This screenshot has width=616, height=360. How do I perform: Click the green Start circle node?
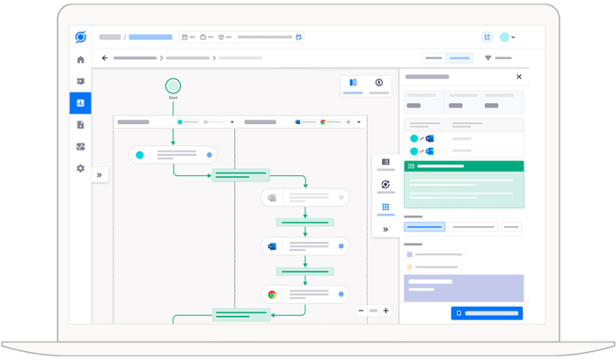tap(172, 86)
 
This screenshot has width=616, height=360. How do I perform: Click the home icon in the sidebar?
tap(81, 60)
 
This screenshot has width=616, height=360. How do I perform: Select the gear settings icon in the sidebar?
tap(81, 168)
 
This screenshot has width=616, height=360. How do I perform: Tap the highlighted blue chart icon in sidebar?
tap(81, 103)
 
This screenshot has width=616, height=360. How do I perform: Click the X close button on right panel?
tap(519, 77)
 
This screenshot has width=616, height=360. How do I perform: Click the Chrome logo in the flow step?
tap(272, 294)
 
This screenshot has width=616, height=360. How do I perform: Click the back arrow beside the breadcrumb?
tap(105, 58)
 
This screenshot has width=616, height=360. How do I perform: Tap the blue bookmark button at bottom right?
tap(487, 313)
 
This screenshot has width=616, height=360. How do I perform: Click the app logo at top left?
tap(81, 37)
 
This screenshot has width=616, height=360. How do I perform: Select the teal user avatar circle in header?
tap(504, 37)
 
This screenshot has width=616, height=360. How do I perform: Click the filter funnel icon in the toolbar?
tap(488, 58)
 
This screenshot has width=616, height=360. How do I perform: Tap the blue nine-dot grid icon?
tap(385, 207)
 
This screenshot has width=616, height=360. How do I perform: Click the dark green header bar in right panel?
tap(464, 166)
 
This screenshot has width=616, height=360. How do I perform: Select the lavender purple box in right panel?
tap(464, 288)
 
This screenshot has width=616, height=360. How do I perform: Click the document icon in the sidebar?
tap(81, 125)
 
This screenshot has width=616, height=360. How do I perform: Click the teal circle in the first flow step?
tap(139, 155)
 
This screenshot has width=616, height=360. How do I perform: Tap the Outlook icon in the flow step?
tap(272, 246)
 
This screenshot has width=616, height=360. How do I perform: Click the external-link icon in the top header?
tap(488, 37)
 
